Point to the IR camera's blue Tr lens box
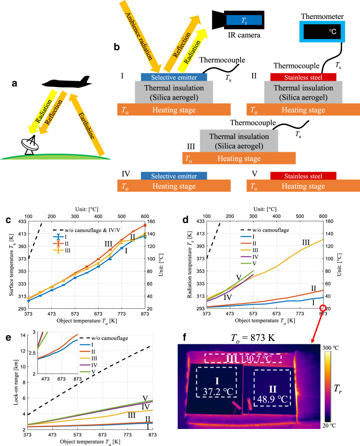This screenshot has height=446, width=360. point(243,20)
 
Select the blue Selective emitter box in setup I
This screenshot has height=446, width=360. point(173,77)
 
